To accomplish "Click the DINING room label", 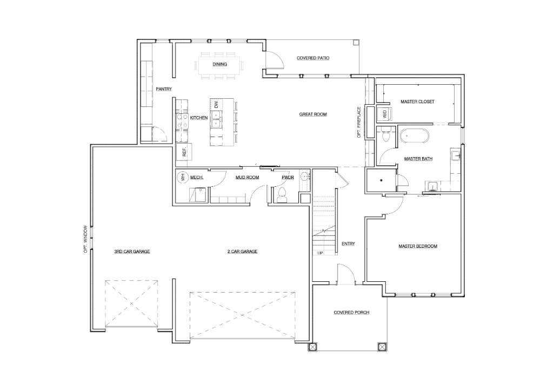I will click(x=219, y=64).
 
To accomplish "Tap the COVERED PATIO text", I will click(x=313, y=58).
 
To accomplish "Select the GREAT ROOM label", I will click(x=313, y=114).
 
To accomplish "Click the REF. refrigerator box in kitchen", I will click(x=184, y=151).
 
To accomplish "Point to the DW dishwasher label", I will click(x=216, y=104).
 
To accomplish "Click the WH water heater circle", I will click(x=183, y=177).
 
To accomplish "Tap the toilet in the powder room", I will click(x=282, y=195).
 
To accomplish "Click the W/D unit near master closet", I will click(x=385, y=114).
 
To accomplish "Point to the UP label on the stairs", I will click(x=320, y=253).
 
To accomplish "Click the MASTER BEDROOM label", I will click(x=417, y=246).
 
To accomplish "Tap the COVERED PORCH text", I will click(x=351, y=313).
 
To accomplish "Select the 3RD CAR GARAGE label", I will click(x=132, y=252).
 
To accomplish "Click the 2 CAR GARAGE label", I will click(x=242, y=252).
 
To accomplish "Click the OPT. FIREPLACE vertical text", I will click(x=358, y=122).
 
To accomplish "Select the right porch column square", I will click(x=382, y=347).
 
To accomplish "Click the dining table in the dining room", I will click(x=219, y=65).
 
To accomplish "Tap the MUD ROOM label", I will click(x=247, y=177).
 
